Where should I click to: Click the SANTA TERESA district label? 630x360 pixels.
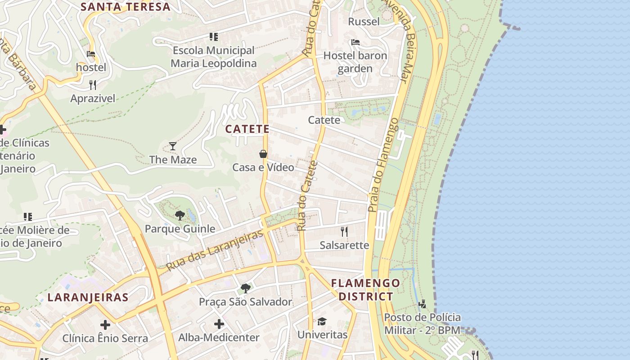pyautogui.click(x=126, y=7)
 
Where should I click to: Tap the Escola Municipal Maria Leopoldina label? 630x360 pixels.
pyautogui.click(x=213, y=57)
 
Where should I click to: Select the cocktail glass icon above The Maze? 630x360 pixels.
pyautogui.click(x=172, y=146)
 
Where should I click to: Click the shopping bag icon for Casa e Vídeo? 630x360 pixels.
pyautogui.click(x=263, y=154)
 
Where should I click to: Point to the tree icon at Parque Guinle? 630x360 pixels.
pyautogui.click(x=180, y=215)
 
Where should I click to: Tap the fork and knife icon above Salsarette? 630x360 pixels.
pyautogui.click(x=344, y=232)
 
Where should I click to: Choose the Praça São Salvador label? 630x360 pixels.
pyautogui.click(x=246, y=301)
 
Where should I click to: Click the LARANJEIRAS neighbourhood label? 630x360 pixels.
pyautogui.click(x=88, y=297)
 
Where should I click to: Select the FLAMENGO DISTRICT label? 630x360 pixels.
pyautogui.click(x=365, y=290)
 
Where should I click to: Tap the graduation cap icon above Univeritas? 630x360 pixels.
pyautogui.click(x=322, y=321)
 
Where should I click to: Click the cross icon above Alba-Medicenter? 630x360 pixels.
pyautogui.click(x=219, y=324)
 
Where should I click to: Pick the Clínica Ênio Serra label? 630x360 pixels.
pyautogui.click(x=105, y=338)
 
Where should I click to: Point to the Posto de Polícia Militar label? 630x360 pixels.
pyautogui.click(x=422, y=324)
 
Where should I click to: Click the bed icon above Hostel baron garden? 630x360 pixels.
pyautogui.click(x=355, y=43)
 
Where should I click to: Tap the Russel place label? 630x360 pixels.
pyautogui.click(x=364, y=21)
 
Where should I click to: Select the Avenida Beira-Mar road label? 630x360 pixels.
pyautogui.click(x=398, y=40)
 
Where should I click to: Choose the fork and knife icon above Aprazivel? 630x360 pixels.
pyautogui.click(x=93, y=85)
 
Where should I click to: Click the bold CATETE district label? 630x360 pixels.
pyautogui.click(x=247, y=129)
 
